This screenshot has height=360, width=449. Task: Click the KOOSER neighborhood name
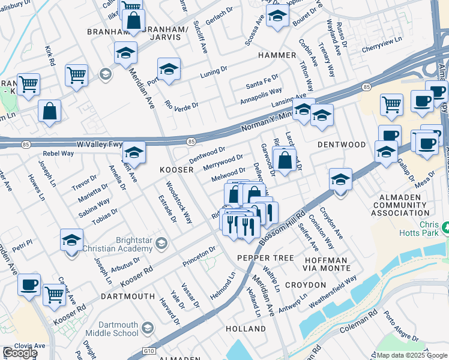coord(176,170)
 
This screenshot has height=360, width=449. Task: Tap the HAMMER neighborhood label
coord(277,55)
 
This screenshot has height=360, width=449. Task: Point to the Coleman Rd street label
coord(358,328)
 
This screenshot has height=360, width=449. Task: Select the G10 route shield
coord(149,351)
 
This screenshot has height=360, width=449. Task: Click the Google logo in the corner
coord(20,353)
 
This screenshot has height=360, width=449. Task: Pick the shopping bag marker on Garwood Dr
coord(285,160)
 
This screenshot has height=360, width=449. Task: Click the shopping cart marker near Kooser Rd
coord(55,294)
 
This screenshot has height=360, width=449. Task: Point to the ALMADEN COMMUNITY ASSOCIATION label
coord(401,205)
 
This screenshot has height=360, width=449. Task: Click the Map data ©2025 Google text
coord(412,355)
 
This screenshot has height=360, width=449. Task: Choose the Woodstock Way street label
coord(179,203)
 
